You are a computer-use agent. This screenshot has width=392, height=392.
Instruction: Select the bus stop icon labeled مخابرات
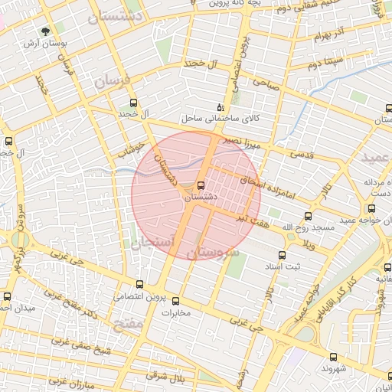click(176, 301)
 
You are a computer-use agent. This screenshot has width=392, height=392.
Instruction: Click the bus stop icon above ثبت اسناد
click(282, 255)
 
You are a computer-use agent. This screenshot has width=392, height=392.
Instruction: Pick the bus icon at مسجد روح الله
click(308, 217)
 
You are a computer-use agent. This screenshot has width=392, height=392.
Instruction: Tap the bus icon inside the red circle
click(201, 185)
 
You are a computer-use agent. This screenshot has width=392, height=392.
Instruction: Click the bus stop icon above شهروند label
click(333, 357)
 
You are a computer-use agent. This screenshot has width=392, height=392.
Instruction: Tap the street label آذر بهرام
click(317, 36)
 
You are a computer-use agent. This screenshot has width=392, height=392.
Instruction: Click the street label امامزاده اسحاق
click(264, 181)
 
